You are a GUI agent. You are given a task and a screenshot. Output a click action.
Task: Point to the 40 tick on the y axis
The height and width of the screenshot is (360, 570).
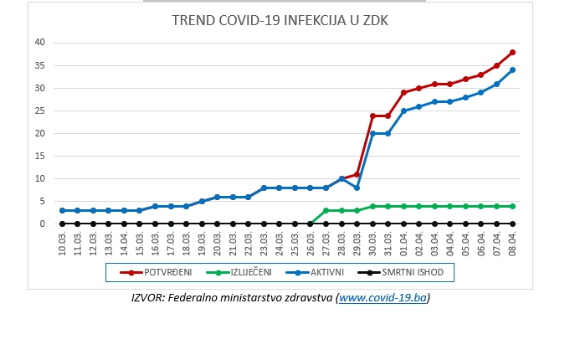coord(40,43)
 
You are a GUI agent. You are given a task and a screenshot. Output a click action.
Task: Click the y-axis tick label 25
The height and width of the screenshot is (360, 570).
coord(40,111)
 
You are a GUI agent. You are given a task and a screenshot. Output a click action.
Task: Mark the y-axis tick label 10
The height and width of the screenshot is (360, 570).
coord(40,178)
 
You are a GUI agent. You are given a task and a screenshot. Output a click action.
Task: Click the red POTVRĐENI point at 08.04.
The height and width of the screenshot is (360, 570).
coord(512,52)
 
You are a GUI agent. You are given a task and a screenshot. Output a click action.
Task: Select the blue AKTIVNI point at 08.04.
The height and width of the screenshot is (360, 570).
coord(512,69)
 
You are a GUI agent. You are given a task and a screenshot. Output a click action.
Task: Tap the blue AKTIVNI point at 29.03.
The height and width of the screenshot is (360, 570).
coord(357,188)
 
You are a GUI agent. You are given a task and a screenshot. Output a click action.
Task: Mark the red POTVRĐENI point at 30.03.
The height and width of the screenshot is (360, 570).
coord(372,116)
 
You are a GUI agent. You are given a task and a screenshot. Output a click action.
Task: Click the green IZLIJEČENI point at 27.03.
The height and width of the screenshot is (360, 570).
coord(326,210)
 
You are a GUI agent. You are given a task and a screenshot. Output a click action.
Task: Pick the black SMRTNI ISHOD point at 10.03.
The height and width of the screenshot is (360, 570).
coord(63,224)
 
